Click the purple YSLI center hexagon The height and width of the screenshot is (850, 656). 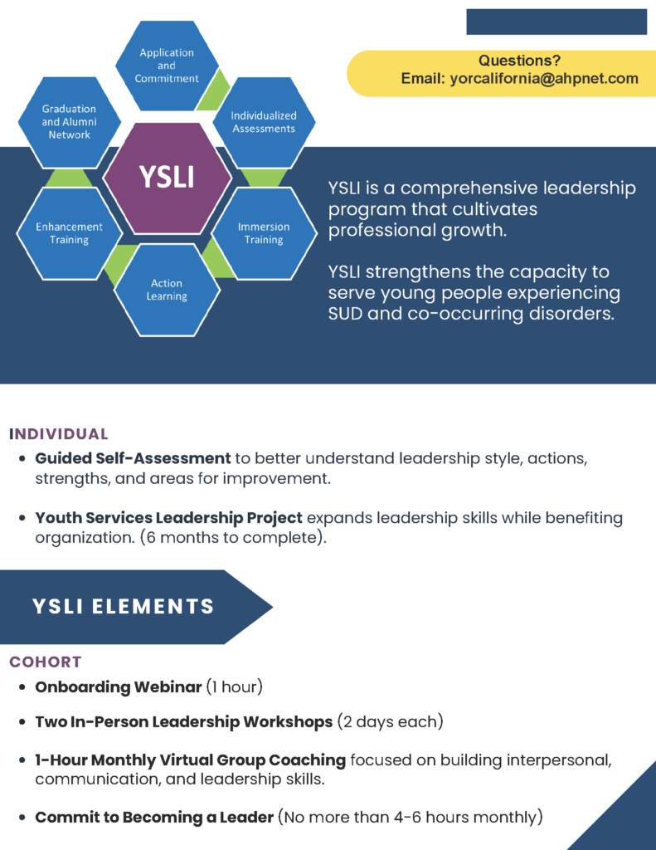point(167,178)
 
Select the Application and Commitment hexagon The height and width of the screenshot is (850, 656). point(167,66)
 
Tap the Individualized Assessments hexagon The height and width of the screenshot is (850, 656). point(264,122)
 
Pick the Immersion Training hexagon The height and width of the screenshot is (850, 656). point(264,233)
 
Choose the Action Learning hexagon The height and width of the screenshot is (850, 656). point(167,290)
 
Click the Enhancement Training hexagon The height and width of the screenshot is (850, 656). point(70,233)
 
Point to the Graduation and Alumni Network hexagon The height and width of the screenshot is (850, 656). point(70,122)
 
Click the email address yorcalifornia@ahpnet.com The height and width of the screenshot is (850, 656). point(544,79)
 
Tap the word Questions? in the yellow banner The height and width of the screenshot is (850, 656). point(519,61)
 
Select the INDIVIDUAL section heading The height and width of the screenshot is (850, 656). point(59,434)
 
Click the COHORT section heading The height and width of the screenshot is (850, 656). point(46,662)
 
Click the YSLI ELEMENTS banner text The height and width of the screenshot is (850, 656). point(124,607)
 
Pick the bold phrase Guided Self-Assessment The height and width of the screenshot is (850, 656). point(133,458)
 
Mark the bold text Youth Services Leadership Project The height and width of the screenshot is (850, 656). point(168,518)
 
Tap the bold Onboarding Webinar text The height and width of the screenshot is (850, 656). point(119,687)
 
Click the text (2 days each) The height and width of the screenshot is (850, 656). point(390,722)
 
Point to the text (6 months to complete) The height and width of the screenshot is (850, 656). point(234,537)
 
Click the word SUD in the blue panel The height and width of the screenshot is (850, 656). point(347,314)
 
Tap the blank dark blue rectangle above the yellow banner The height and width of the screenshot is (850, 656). point(556,22)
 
